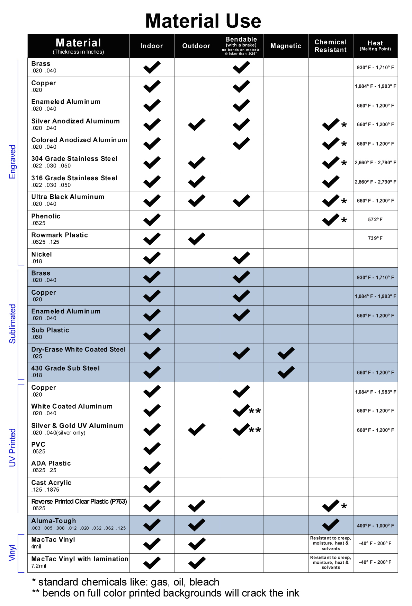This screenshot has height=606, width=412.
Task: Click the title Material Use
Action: (x=203, y=21)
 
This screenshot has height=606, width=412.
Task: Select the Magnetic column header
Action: (x=286, y=46)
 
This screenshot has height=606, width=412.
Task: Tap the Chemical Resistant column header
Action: (x=330, y=46)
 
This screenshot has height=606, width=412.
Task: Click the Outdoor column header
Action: (x=196, y=46)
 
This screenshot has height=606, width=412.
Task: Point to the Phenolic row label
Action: (x=46, y=216)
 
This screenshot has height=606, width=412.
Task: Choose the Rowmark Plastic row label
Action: (x=60, y=235)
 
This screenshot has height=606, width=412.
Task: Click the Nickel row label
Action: (x=42, y=254)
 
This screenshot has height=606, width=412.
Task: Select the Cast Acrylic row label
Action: (x=51, y=483)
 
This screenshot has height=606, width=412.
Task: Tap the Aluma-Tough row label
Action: (x=54, y=521)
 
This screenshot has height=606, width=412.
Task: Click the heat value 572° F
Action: (x=375, y=219)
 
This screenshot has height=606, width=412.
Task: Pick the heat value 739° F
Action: (x=375, y=238)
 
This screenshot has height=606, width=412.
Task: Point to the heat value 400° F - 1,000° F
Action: (x=375, y=526)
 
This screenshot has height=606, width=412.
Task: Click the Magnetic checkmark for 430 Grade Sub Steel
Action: (x=286, y=372)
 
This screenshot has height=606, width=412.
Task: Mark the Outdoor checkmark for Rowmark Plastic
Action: (x=197, y=239)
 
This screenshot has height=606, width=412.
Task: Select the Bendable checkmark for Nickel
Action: (x=241, y=258)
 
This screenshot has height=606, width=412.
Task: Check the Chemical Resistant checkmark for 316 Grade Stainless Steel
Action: (x=331, y=182)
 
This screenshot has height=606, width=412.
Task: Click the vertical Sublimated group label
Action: (x=12, y=324)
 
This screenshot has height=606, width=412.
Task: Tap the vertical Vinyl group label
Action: (x=12, y=553)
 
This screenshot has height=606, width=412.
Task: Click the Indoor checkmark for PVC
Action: (x=152, y=448)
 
